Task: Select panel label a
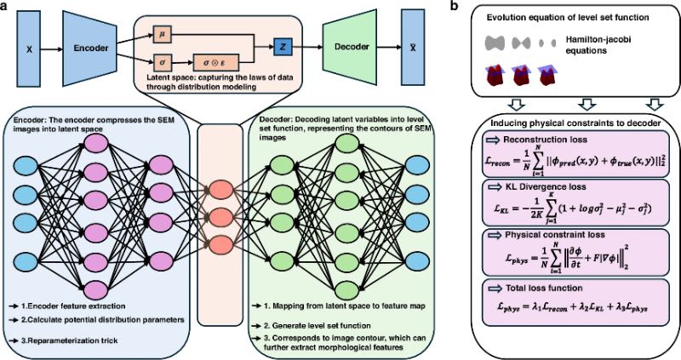[x=7, y=7]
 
